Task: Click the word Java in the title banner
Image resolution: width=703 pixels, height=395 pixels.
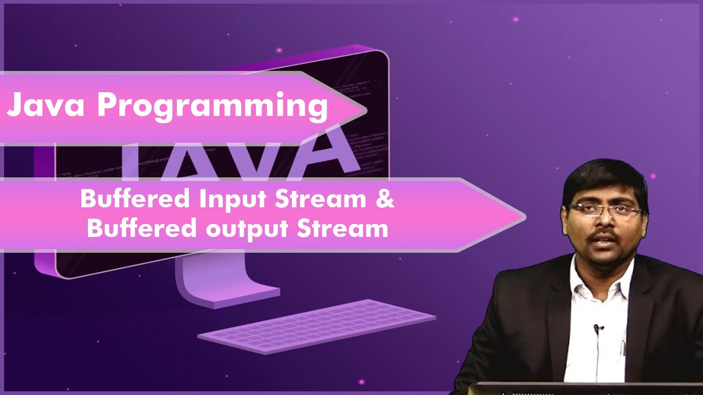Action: [x=47, y=106]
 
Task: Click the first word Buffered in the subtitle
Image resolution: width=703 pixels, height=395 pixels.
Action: [x=135, y=200]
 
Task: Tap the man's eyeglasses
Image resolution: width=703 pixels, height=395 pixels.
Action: [x=605, y=210]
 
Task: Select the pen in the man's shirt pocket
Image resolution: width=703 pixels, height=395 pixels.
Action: [x=623, y=347]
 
